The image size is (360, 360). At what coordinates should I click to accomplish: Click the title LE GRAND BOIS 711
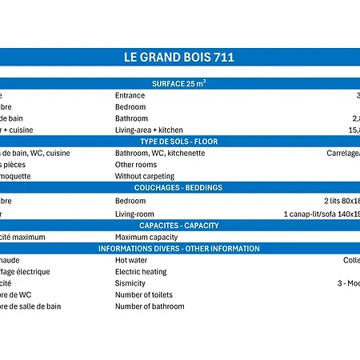179,58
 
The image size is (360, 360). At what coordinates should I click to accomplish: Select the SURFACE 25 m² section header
179,83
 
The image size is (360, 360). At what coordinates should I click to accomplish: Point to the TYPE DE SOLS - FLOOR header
179,142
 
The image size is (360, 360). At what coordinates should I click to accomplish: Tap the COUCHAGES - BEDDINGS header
179,188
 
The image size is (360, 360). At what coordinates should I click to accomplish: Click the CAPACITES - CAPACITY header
179,226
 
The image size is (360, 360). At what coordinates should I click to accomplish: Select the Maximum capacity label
146,237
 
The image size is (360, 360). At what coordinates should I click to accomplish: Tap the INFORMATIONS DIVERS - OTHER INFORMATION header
179,249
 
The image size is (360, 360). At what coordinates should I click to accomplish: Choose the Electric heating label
141,272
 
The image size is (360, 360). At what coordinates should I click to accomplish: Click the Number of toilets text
145,294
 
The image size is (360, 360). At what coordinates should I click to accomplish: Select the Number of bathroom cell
150,306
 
